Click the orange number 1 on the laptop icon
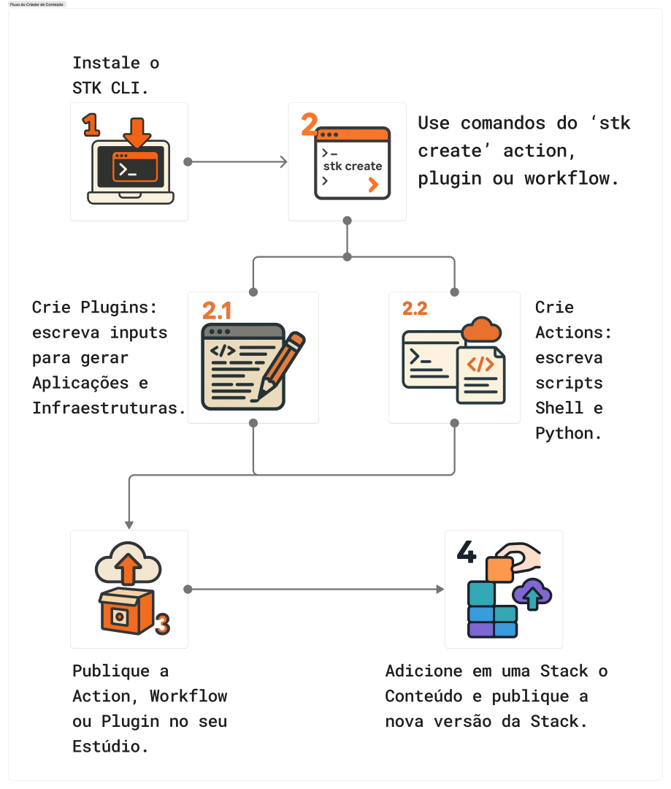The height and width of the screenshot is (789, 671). pyautogui.click(x=91, y=126)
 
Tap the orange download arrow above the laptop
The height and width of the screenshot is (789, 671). pyautogui.click(x=137, y=131)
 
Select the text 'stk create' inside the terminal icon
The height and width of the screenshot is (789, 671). pyautogui.click(x=353, y=166)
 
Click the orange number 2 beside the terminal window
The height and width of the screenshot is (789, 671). pyautogui.click(x=309, y=124)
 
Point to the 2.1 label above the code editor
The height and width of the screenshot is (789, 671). pyautogui.click(x=217, y=311)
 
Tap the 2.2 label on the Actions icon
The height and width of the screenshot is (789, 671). pyautogui.click(x=415, y=308)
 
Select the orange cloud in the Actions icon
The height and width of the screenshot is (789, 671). pyautogui.click(x=482, y=329)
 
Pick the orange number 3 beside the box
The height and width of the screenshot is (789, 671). pyautogui.click(x=162, y=624)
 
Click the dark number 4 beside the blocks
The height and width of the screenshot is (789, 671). pyautogui.click(x=467, y=552)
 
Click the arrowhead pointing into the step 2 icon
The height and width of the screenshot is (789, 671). pyautogui.click(x=283, y=161)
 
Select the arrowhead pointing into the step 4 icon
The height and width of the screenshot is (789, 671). pyautogui.click(x=440, y=589)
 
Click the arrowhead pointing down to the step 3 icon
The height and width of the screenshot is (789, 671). pyautogui.click(x=129, y=524)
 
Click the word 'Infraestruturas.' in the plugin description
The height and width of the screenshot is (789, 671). pyautogui.click(x=109, y=408)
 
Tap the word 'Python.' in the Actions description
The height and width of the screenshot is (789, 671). pyautogui.click(x=569, y=432)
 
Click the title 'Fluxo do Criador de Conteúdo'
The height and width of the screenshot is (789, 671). pyautogui.click(x=37, y=4)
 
